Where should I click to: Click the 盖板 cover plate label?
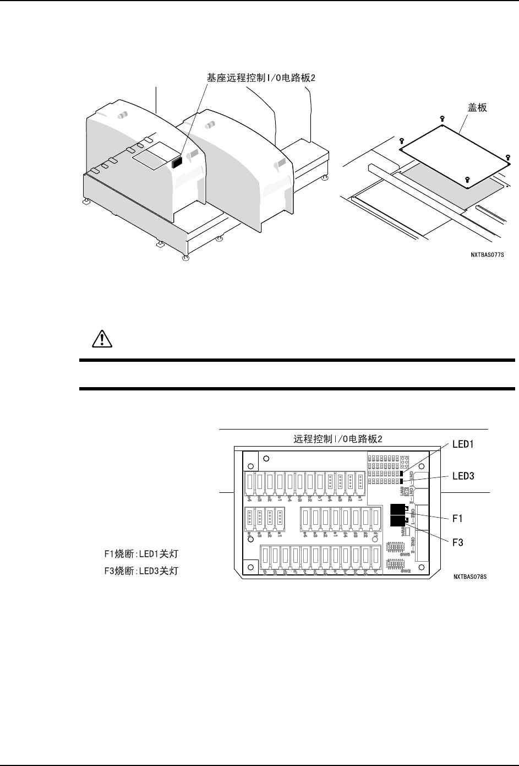(477, 108)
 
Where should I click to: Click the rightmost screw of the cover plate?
(507, 157)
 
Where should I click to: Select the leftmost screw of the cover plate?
(402, 141)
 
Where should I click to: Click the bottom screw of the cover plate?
(467, 180)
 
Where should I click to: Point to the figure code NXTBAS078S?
(471, 577)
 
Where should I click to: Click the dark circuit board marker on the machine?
(177, 162)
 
